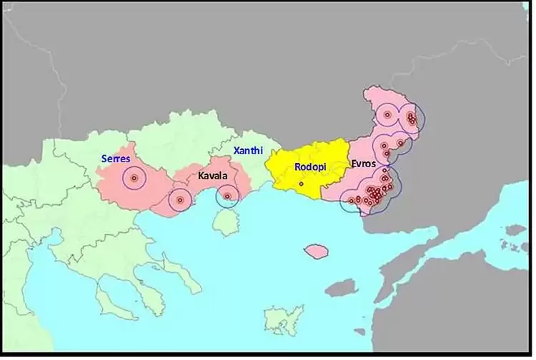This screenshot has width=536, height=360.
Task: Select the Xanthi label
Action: tap(247, 151)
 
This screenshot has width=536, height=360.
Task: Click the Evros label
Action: tap(363, 164)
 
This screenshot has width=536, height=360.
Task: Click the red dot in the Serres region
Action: tap(134, 179)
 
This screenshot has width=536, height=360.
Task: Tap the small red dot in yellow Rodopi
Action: tap(301, 184)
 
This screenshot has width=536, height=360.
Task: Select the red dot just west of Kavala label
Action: tap(179, 200)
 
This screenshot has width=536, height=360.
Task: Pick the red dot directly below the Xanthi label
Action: tap(227, 196)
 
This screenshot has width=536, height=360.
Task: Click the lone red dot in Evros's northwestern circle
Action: tap(387, 114)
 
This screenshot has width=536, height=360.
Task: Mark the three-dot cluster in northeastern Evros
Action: tap(411, 119)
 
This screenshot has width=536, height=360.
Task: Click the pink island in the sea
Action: tap(316, 251)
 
